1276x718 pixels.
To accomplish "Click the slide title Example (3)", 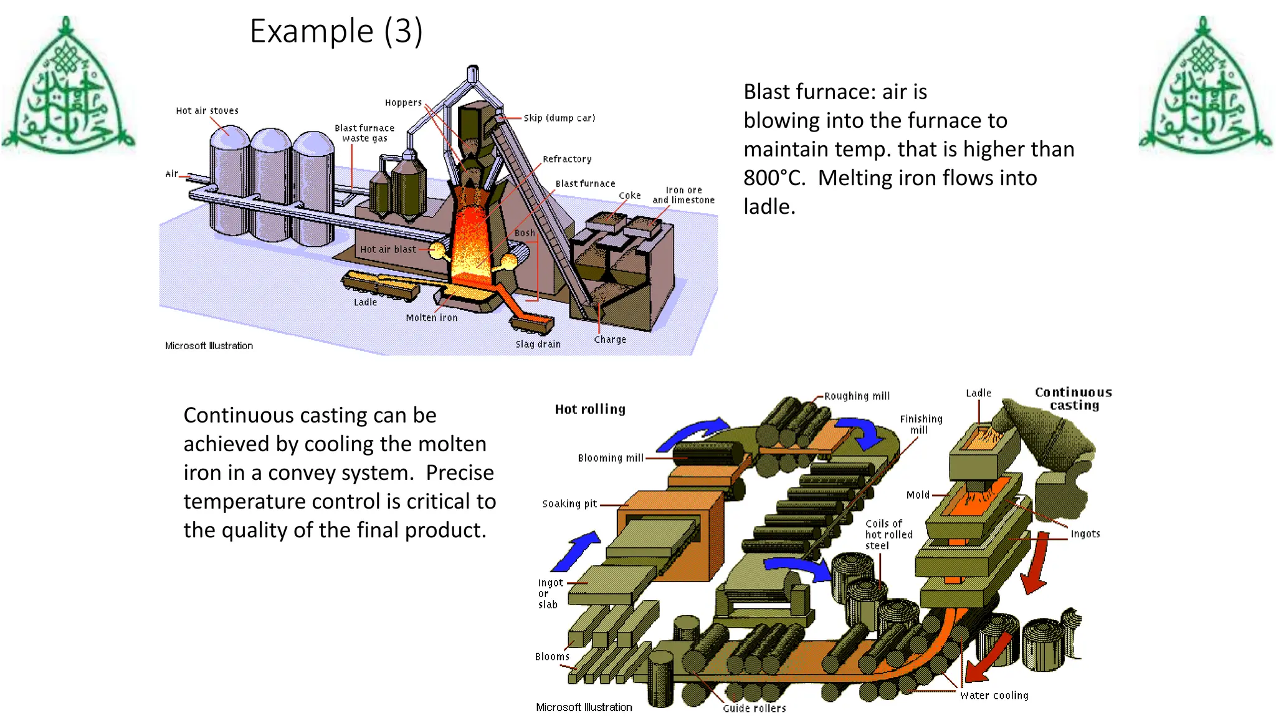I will point(336,31).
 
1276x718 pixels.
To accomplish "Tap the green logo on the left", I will point(68,87).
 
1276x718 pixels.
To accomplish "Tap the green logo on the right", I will point(1205,87).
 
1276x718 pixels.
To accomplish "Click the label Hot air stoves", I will point(207,111).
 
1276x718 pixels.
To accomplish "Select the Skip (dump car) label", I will point(559,118).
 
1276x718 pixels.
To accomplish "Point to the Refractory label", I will point(567,159).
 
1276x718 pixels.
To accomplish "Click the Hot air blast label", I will point(388,249).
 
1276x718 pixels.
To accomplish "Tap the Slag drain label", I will point(538,344).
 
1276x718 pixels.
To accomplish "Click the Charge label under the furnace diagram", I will point(610,340).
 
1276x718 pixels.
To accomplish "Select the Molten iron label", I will point(431,318).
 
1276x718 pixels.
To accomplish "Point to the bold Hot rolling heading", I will point(590,409).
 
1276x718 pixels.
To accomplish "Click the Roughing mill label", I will point(857,396).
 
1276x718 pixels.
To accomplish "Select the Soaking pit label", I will point(569,504).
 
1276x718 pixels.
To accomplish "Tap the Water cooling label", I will point(994,696).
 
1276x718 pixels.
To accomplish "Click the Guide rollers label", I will point(754,709).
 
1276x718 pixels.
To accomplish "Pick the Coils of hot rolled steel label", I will point(888,535).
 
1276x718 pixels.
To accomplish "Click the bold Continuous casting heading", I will point(1074,399).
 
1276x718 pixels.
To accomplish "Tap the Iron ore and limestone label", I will point(683,195).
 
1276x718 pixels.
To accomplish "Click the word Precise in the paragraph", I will point(459,473).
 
